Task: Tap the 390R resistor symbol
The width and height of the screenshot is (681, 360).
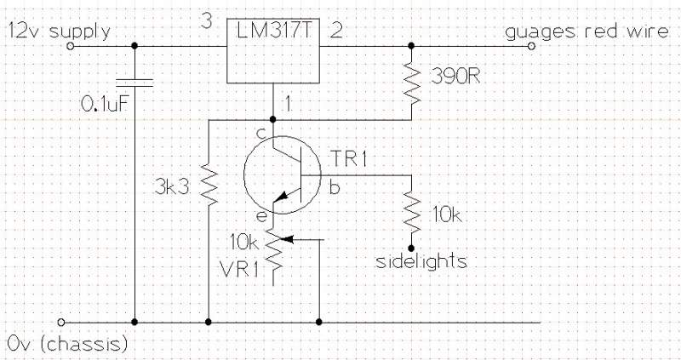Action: [413, 82]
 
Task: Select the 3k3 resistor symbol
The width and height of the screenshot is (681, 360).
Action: [209, 185]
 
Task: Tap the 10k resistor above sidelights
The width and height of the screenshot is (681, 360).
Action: [413, 212]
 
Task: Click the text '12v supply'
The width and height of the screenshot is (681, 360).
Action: [60, 32]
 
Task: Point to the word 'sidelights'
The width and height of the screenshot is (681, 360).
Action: [421, 261]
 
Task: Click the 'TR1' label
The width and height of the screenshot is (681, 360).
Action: [346, 158]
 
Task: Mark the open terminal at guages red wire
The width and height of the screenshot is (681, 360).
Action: [531, 48]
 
